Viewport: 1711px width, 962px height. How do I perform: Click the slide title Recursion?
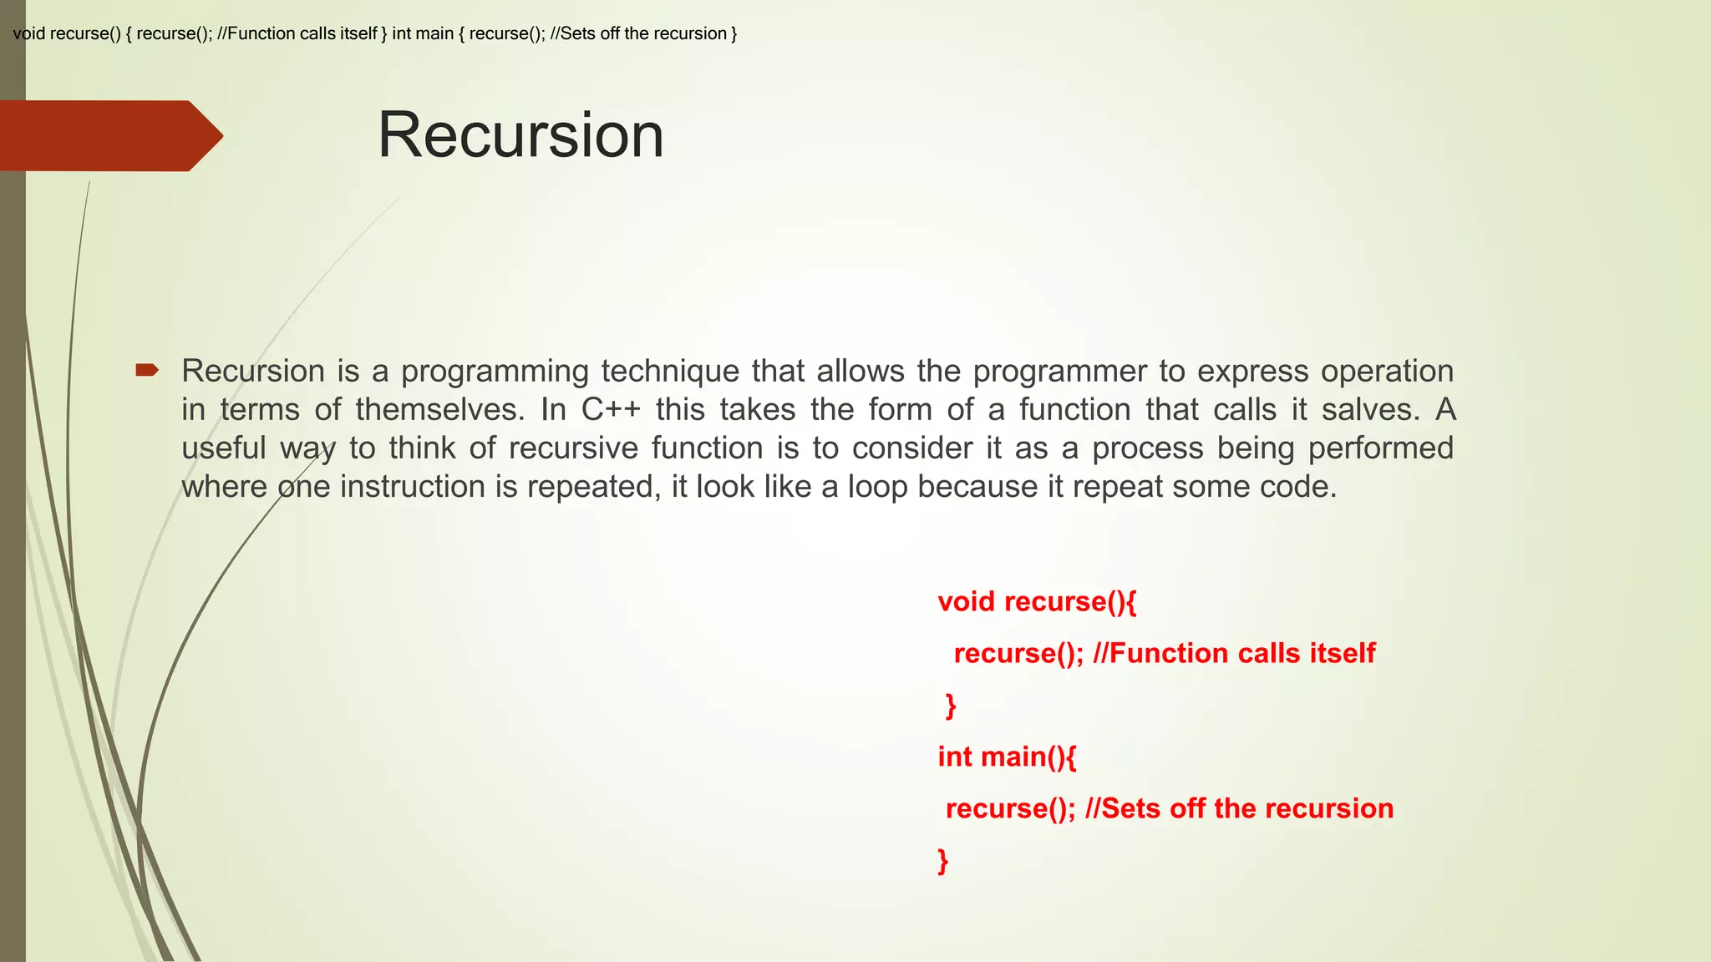point(520,135)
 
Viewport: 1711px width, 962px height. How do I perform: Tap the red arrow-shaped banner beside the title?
point(109,136)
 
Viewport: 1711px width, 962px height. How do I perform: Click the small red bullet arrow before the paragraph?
point(147,370)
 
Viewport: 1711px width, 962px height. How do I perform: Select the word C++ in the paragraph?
point(611,410)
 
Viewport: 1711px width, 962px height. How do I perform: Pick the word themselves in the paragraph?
point(439,410)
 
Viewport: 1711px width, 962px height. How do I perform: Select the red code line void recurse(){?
point(1037,602)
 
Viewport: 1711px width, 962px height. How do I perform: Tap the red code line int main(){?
point(1007,757)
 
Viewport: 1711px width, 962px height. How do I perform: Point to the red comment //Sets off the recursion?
point(1239,808)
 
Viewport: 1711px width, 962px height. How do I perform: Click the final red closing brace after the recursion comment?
point(943,860)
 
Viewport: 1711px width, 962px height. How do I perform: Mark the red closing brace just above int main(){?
point(951,706)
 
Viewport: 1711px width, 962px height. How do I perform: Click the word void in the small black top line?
point(29,34)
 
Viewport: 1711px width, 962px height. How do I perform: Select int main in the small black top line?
point(423,34)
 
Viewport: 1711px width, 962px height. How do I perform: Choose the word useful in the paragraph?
point(223,448)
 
